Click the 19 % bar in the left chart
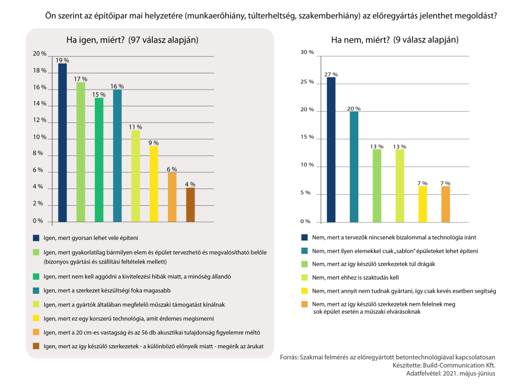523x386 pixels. point(62,142)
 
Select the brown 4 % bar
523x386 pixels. point(190,205)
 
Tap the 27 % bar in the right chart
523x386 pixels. point(331,149)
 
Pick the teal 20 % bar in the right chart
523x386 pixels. point(354,167)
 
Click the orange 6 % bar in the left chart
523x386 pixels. point(172,197)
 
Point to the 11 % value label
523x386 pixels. point(135,127)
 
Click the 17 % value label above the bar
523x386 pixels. point(81,79)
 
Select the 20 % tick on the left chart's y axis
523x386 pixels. point(40,54)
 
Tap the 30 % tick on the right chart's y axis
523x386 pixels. point(307,53)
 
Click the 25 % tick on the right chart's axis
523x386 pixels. point(307,82)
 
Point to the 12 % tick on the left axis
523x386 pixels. point(40,120)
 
